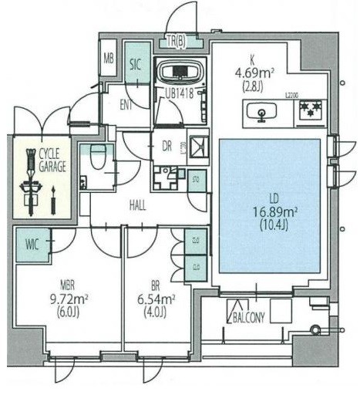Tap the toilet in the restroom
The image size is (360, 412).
click(x=98, y=158)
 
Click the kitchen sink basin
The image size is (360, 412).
click(x=263, y=114)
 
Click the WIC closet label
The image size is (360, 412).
click(x=32, y=245)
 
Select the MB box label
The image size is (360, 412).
click(x=109, y=59)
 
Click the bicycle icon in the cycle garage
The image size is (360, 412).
click(x=32, y=181)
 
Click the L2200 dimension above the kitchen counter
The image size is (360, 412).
click(x=291, y=94)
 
